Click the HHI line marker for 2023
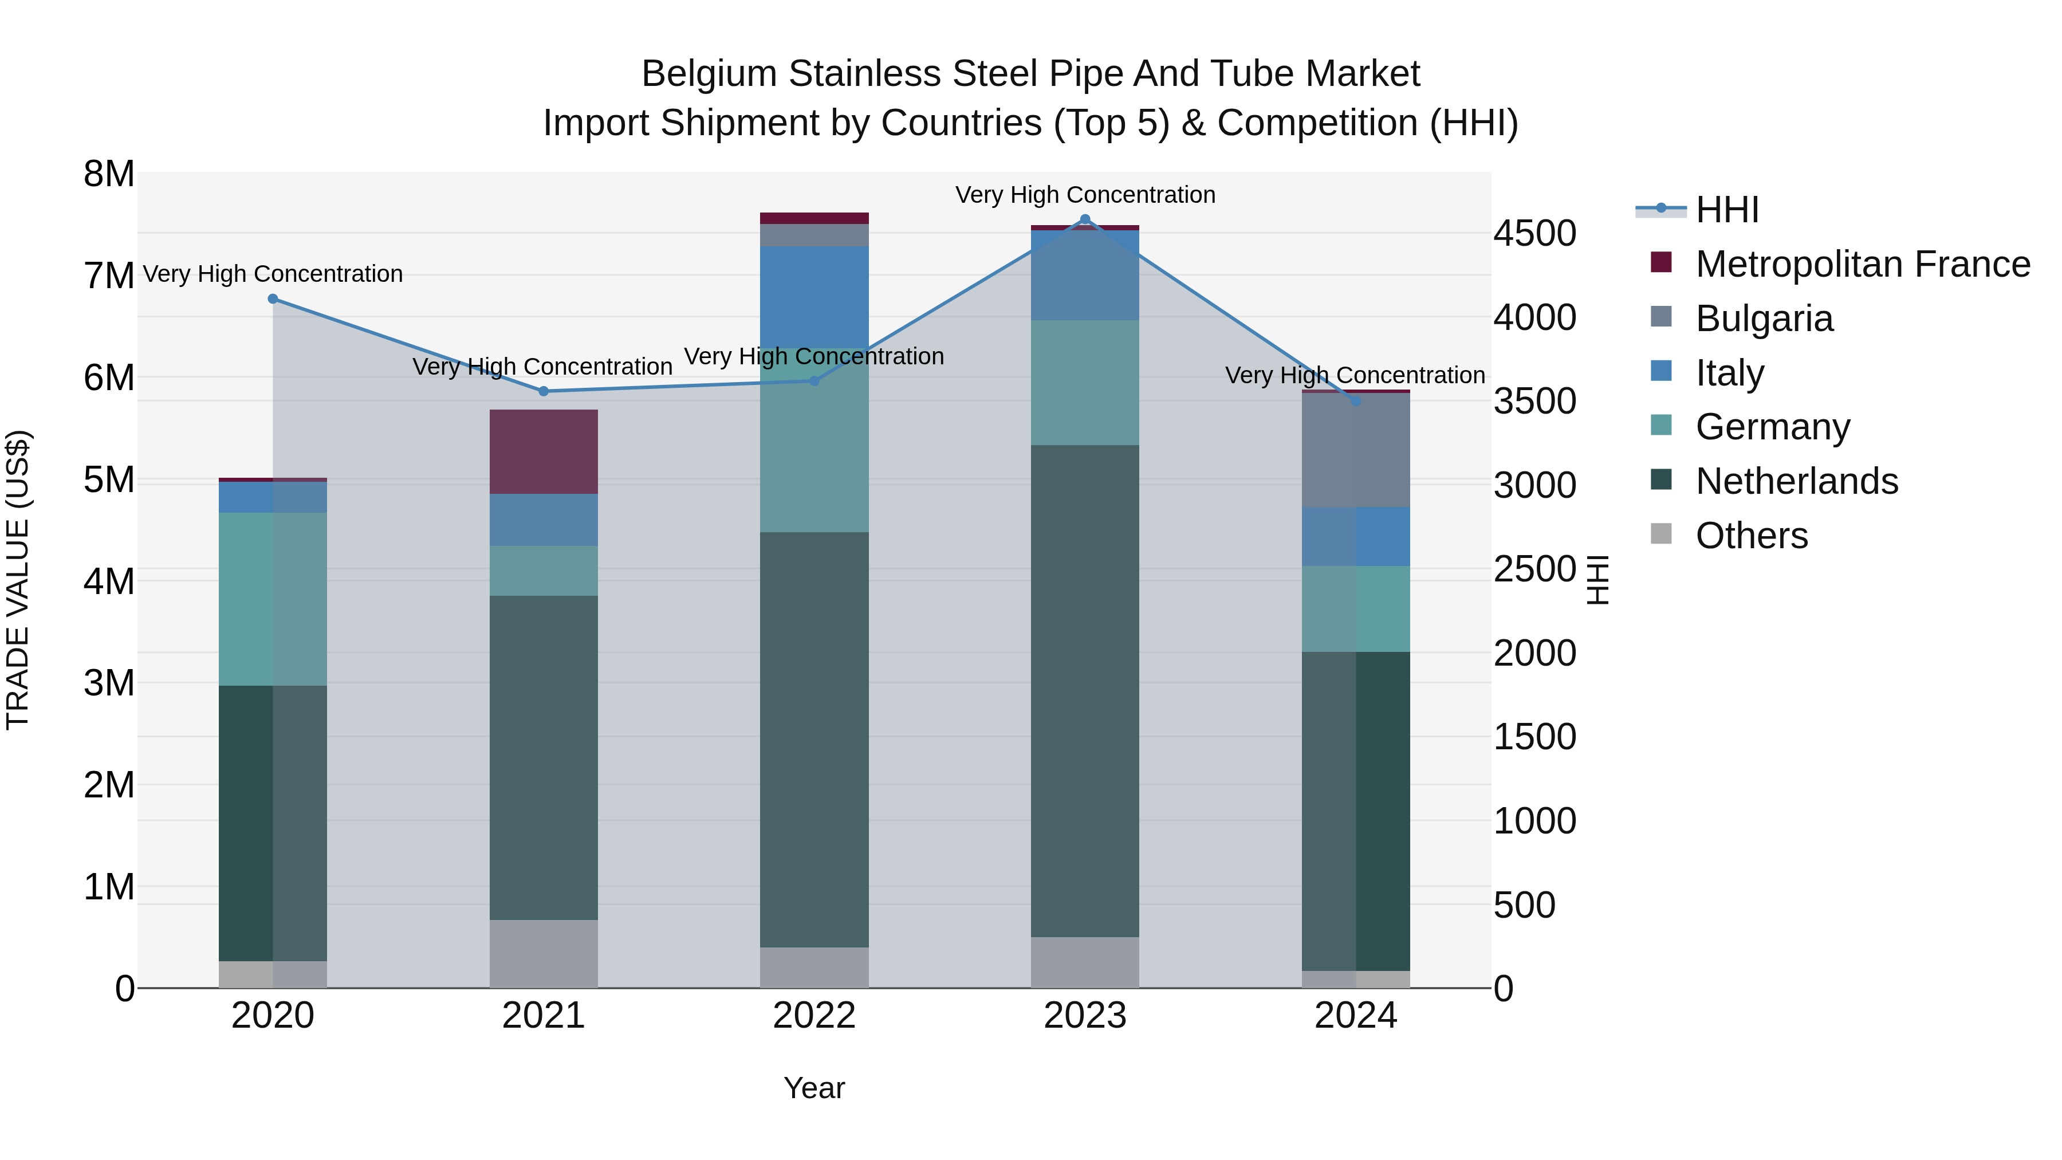click(1085, 219)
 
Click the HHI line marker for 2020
click(273, 298)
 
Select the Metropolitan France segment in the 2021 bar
click(544, 451)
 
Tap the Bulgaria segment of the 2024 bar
click(1355, 450)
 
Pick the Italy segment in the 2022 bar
click(814, 296)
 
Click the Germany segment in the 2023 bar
click(1085, 383)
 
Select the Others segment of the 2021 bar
click(544, 953)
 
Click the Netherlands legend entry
click(1796, 481)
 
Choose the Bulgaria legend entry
click(1764, 318)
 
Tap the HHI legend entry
click(1726, 210)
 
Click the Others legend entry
click(1750, 536)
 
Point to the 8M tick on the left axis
click(109, 174)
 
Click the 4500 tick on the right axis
click(1534, 234)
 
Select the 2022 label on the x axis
click(814, 1016)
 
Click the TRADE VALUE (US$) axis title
click(18, 580)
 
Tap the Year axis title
click(814, 1088)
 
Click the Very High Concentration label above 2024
click(1355, 375)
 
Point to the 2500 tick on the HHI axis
click(1534, 569)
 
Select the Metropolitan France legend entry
click(1862, 264)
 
